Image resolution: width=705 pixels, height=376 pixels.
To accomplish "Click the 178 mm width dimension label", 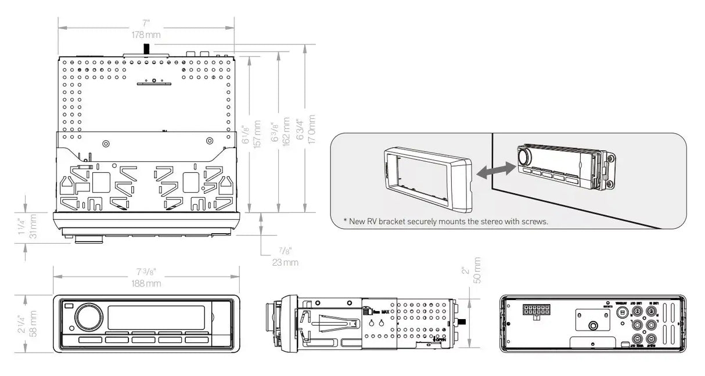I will tap(145, 35).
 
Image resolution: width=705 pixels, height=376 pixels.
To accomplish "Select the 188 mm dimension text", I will tap(146, 284).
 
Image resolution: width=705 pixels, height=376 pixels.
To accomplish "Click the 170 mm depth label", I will tap(312, 133).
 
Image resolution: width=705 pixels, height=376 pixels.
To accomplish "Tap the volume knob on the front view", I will tap(88, 317).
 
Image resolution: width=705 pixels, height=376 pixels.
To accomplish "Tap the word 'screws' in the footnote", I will tap(533, 221).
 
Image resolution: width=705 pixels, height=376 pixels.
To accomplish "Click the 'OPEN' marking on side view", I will tap(441, 339).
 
